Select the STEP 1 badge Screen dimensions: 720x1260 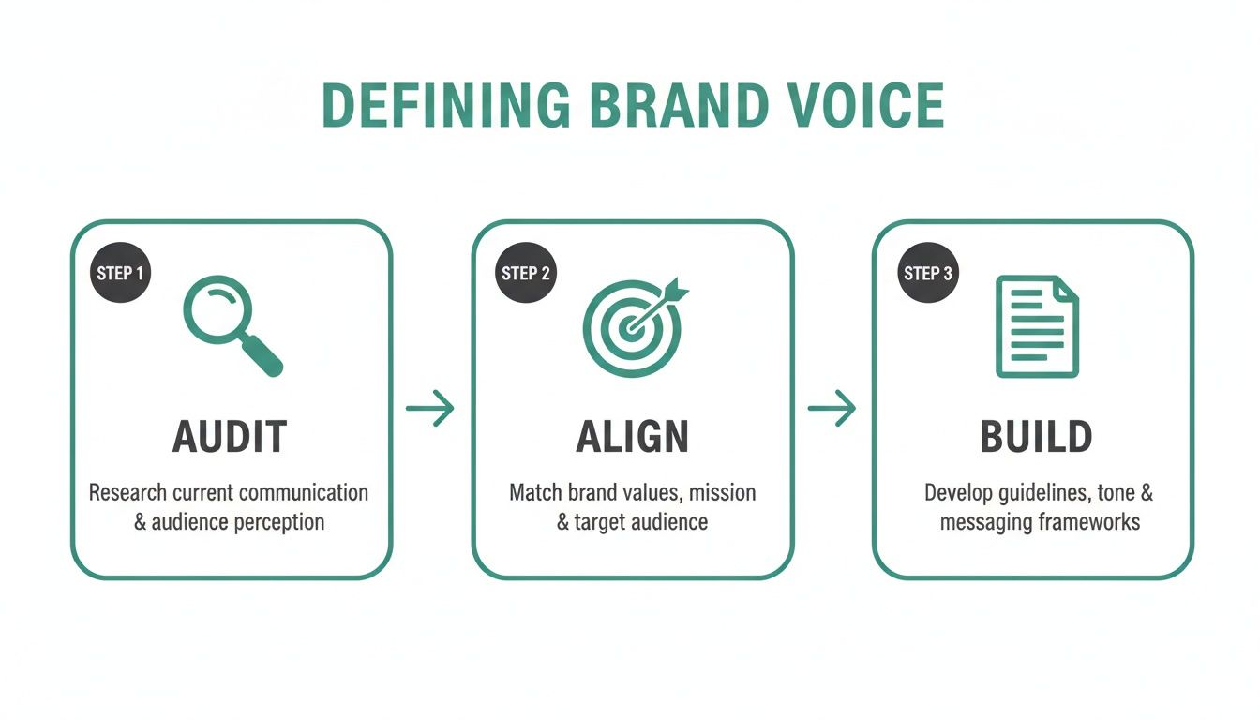[x=120, y=273]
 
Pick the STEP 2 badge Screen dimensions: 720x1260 [x=525, y=273]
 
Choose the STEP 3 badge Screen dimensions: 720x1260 [x=927, y=273]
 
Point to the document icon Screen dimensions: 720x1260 [x=1036, y=326]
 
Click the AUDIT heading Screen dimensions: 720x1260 [x=230, y=438]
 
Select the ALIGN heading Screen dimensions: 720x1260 [x=633, y=438]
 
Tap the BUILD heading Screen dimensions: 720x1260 [x=1036, y=438]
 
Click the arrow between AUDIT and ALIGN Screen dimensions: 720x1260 [x=430, y=409]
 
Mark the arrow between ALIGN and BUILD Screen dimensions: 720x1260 [x=832, y=409]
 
